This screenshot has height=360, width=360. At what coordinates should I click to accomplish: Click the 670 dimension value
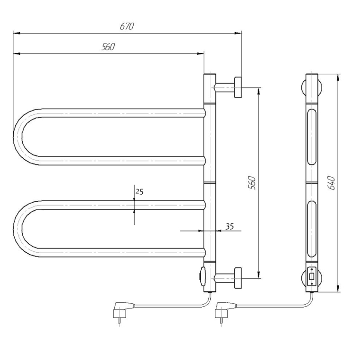coord(127,26)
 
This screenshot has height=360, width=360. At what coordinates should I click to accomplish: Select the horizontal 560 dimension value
coord(108,47)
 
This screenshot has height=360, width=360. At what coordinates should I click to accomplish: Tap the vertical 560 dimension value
coord(252,183)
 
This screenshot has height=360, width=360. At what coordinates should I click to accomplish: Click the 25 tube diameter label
coord(139,191)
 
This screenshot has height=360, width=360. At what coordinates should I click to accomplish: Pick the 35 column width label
coord(230,226)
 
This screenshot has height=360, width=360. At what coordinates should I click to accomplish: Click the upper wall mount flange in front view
coord(238,87)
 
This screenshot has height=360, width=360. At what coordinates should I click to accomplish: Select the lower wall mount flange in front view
coord(238,278)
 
